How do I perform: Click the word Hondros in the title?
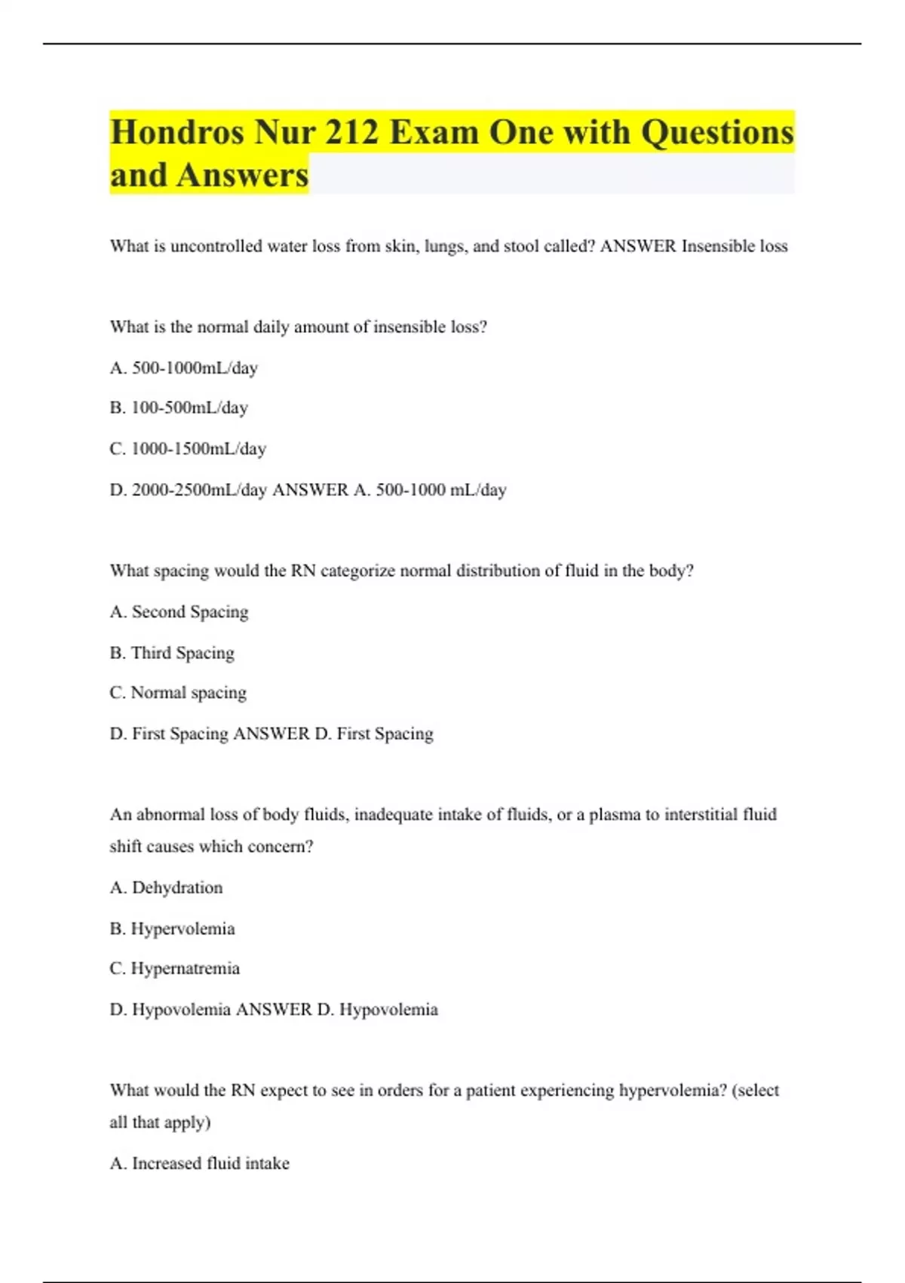click(x=178, y=133)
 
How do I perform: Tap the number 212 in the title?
click(x=351, y=133)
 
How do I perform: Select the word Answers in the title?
click(x=242, y=175)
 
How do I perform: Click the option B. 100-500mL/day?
click(x=179, y=408)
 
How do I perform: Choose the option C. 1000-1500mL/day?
click(x=188, y=448)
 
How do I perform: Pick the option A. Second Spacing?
click(x=179, y=611)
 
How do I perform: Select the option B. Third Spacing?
click(x=172, y=652)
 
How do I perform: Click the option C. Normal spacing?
click(x=178, y=692)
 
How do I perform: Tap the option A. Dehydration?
click(x=166, y=888)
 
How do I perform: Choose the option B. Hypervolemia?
click(x=172, y=928)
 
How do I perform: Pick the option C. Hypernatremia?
click(x=174, y=968)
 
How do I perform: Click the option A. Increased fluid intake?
click(x=199, y=1163)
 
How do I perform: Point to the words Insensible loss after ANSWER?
click(x=735, y=246)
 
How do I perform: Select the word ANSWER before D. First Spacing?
click(x=271, y=734)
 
